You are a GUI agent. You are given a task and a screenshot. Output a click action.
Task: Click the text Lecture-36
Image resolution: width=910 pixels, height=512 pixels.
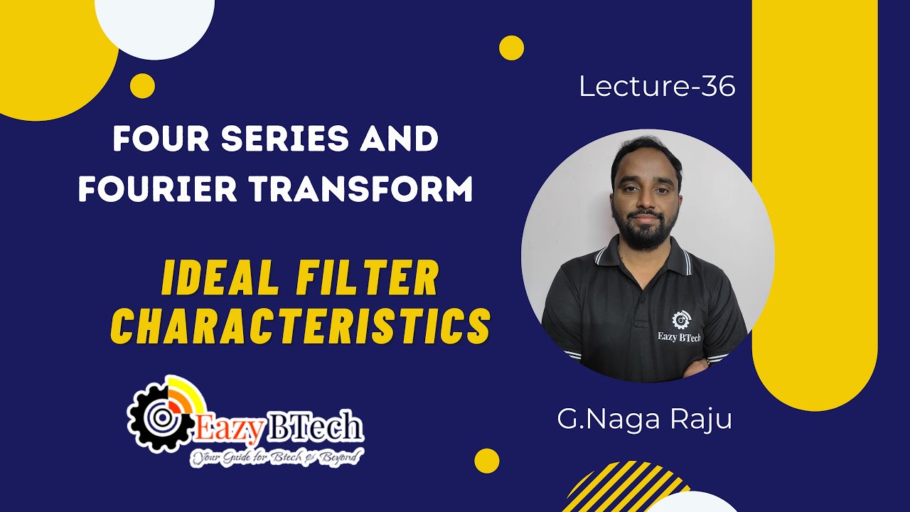pos(657,87)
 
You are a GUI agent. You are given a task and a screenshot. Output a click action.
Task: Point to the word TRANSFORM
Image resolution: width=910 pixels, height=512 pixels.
pos(365,190)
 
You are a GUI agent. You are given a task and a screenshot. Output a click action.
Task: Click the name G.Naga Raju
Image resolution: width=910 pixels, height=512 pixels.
pos(644,419)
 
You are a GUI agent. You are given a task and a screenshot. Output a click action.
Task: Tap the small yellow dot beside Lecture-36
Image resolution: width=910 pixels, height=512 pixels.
pos(511,48)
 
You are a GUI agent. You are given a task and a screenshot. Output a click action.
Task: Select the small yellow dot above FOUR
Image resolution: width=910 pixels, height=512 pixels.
pos(142,86)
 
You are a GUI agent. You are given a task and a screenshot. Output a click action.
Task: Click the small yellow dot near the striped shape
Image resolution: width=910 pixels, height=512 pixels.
pos(486,461)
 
